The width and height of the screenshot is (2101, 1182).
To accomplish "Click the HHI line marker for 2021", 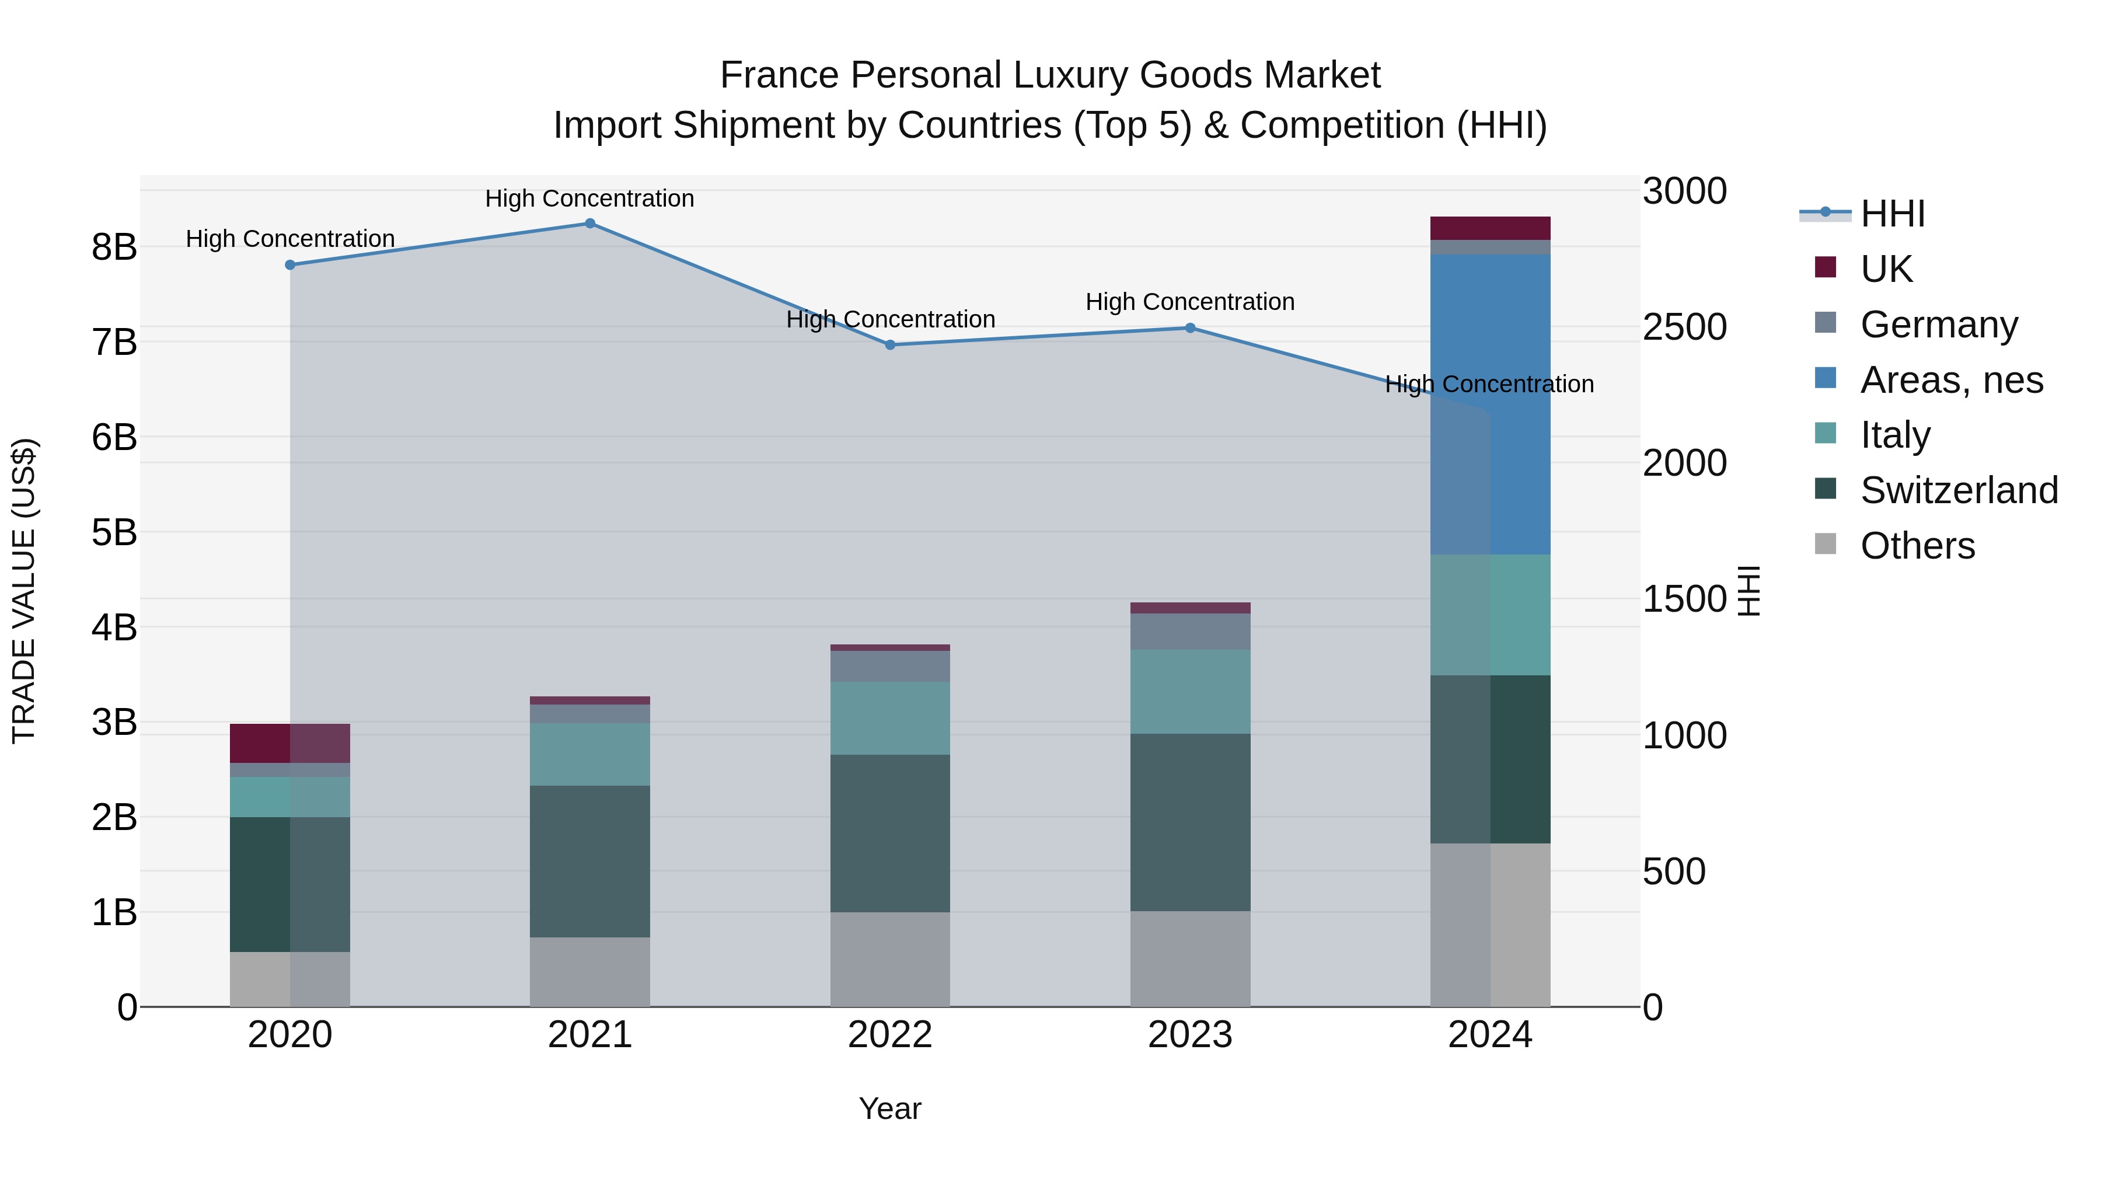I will [x=589, y=224].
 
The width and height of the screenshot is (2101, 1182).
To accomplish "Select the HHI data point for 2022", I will [x=890, y=345].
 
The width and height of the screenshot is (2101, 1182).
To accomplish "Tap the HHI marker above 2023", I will [x=1190, y=328].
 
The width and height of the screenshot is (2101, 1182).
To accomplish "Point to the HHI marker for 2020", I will [x=291, y=265].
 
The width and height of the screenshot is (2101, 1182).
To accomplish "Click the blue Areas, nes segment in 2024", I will [x=1490, y=404].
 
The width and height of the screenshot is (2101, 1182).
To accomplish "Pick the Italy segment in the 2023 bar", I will [x=1190, y=691].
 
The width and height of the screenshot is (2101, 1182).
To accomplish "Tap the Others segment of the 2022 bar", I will [x=890, y=958].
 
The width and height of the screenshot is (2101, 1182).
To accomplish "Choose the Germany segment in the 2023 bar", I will [x=1190, y=632].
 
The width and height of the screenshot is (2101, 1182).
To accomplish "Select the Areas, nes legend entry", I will [x=1951, y=380].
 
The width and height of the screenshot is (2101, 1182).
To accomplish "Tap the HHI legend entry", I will [x=1892, y=214].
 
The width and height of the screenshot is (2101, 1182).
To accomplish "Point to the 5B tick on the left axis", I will [x=114, y=533].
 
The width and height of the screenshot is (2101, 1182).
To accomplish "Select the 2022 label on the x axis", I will [x=890, y=1035].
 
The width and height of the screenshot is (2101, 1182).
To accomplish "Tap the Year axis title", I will [x=890, y=1108].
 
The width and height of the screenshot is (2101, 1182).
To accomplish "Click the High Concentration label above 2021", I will [x=589, y=198].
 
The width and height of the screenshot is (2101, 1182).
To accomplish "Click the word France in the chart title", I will [x=779, y=75].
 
